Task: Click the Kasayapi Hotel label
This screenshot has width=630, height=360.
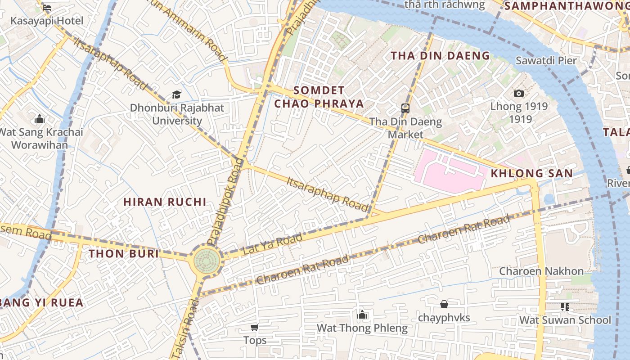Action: click(x=47, y=21)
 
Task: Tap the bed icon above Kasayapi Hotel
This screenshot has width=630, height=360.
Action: click(x=46, y=8)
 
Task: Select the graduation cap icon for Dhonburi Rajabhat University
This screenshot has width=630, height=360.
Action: click(x=176, y=95)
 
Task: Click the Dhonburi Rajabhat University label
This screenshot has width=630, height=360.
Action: click(x=177, y=114)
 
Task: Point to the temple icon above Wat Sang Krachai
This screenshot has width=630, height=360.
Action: click(x=40, y=119)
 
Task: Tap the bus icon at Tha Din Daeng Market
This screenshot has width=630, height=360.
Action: click(x=405, y=108)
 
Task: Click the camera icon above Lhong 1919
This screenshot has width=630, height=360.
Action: click(x=519, y=93)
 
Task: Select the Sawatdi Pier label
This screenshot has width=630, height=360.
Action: click(x=546, y=60)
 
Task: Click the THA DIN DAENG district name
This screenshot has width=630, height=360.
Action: click(x=440, y=56)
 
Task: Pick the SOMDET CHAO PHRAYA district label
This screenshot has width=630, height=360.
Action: click(x=319, y=97)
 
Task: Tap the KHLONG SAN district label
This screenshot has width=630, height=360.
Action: click(x=531, y=173)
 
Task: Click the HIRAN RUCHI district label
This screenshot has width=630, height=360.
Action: click(x=165, y=202)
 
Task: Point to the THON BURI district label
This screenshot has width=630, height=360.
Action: click(x=124, y=254)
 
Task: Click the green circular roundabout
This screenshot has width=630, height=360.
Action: click(x=207, y=261)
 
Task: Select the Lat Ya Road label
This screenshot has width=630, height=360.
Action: click(x=273, y=244)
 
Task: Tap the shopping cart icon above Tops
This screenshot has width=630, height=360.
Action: click(x=255, y=328)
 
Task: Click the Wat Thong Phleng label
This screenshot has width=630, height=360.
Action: click(x=362, y=328)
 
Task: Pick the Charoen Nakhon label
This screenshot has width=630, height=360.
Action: click(x=541, y=271)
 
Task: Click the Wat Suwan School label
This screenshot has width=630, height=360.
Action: click(x=565, y=320)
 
